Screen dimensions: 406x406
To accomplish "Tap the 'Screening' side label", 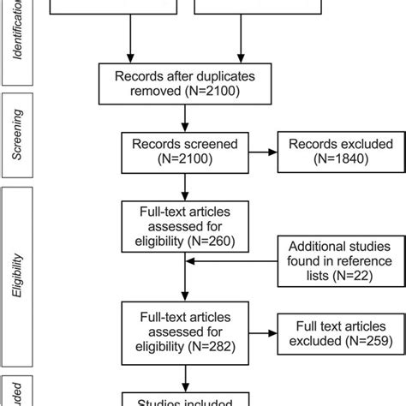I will pyautogui.click(x=18, y=136).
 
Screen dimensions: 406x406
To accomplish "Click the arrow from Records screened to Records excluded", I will pyautogui.click(x=260, y=152).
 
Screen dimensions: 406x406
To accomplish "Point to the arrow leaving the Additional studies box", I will pyautogui.click(x=231, y=264).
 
